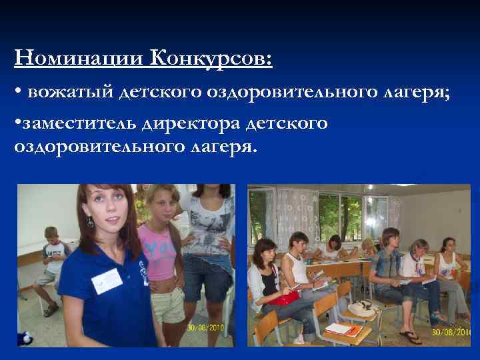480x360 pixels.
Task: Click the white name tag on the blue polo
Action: (106, 280)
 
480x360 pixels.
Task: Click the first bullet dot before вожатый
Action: (17, 94)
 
